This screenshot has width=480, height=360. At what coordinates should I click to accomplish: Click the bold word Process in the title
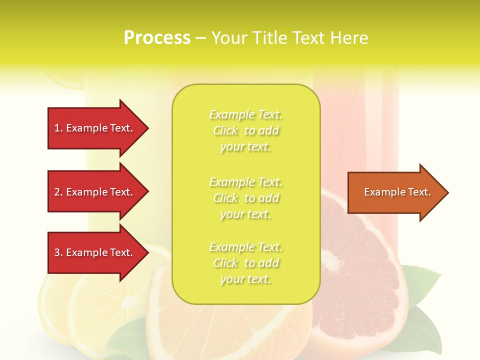[x=157, y=37]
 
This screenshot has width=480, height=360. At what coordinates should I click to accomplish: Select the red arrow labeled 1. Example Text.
[x=95, y=128]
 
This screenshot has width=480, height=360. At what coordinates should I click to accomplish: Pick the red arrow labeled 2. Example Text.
[x=95, y=192]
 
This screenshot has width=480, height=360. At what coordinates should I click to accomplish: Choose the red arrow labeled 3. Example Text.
[x=95, y=252]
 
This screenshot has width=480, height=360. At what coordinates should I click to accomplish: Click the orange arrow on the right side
[x=395, y=192]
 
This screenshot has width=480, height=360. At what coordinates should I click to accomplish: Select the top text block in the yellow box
[x=245, y=130]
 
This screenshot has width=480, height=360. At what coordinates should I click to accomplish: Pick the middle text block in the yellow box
[x=245, y=198]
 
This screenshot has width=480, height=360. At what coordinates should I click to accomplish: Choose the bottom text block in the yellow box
[x=245, y=263]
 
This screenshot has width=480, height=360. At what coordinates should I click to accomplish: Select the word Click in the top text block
[x=225, y=130]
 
